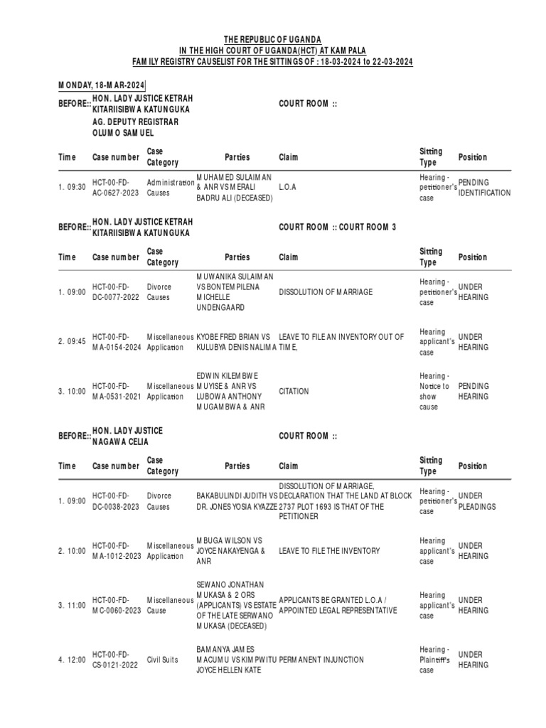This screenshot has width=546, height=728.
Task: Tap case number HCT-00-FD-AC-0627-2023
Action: click(115, 187)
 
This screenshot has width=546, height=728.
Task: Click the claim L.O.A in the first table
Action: click(287, 187)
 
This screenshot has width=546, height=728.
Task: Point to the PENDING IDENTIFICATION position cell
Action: click(484, 188)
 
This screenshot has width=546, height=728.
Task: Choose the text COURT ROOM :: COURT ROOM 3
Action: click(337, 227)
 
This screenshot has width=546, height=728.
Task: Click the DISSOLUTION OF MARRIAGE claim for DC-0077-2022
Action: click(326, 292)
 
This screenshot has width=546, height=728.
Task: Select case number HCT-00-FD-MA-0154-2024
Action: click(115, 342)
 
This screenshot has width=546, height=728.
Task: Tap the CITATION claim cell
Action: click(294, 392)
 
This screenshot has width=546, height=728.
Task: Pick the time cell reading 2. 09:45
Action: click(72, 342)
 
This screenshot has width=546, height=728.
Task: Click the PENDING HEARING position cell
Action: click(473, 392)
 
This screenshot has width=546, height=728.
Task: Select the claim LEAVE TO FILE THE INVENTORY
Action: click(329, 551)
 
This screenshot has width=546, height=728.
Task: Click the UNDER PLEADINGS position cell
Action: click(476, 502)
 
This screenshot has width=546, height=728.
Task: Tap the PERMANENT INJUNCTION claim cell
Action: click(321, 660)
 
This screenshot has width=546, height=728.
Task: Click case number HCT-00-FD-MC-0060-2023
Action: click(115, 606)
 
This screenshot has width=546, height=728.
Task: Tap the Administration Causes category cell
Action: click(170, 188)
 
